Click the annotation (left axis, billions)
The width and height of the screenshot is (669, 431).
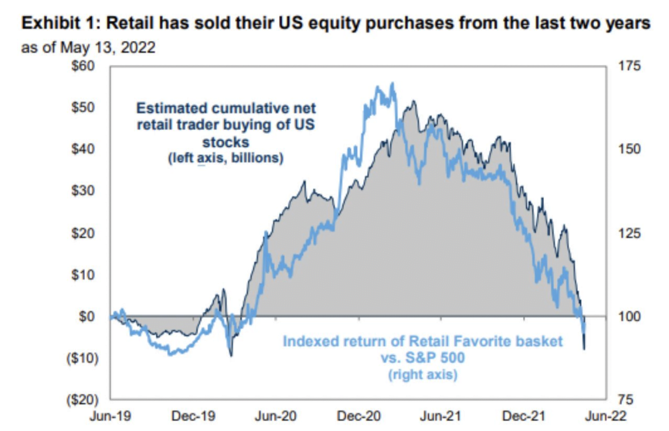pyautogui.click(x=225, y=159)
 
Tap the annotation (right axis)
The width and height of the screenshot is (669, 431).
pyautogui.click(x=423, y=375)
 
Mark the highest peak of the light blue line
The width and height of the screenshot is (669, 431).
pyautogui.click(x=392, y=84)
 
